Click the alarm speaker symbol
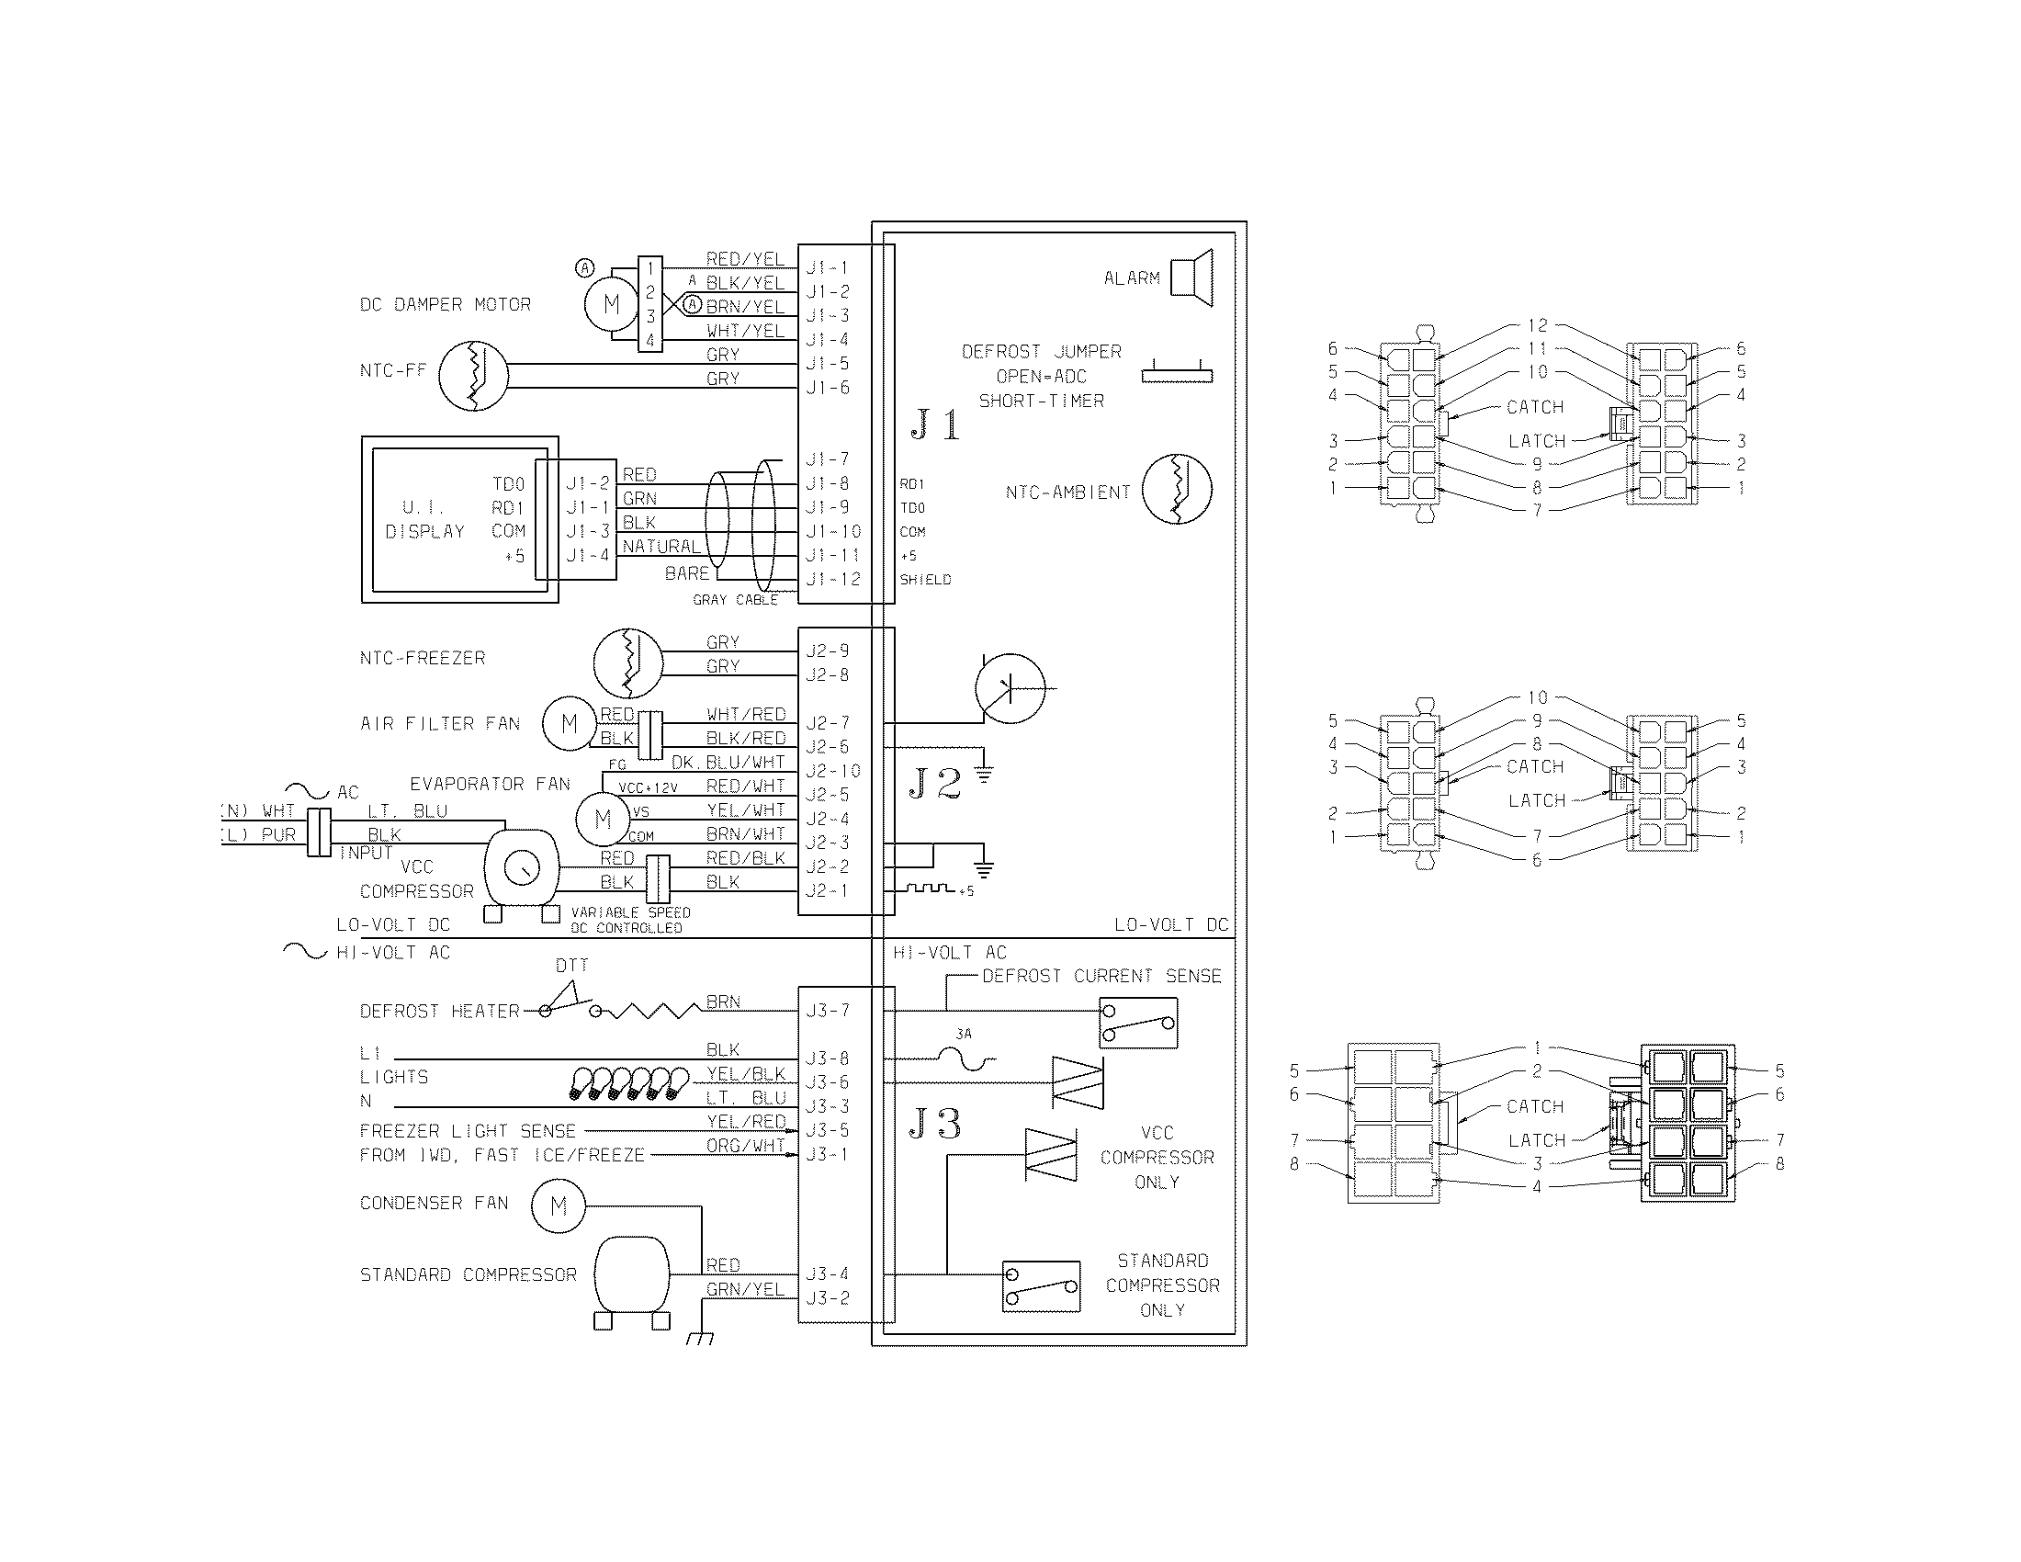click(1192, 277)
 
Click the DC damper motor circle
click(611, 303)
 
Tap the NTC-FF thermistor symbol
click(473, 376)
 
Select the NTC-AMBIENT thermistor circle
click(1177, 490)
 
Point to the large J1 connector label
click(934, 424)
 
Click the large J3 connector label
click(934, 1125)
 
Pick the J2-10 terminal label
click(832, 771)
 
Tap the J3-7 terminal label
click(827, 1011)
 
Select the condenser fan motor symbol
click(558, 1205)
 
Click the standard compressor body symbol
click(631, 1274)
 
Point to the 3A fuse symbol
click(964, 1058)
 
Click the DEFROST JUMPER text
click(1041, 352)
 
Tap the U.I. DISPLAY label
click(423, 519)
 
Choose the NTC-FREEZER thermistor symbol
click(628, 662)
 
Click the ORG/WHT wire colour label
click(745, 1145)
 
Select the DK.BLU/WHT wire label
click(728, 762)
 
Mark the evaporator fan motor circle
click(603, 819)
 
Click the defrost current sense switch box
click(1137, 1023)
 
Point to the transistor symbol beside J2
click(1010, 688)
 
